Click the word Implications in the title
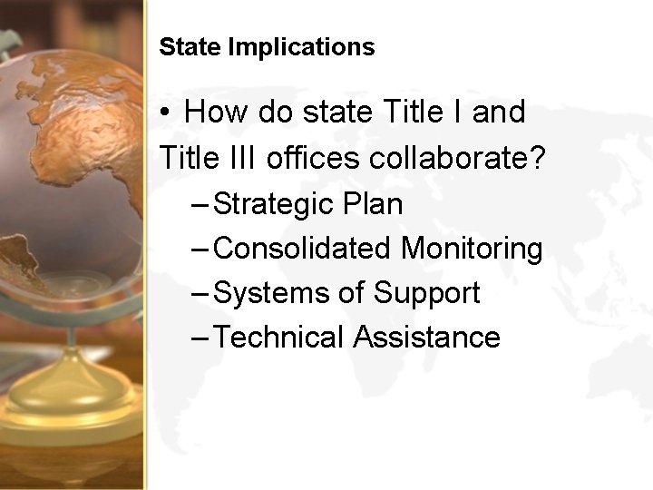coord(301,48)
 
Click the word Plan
coord(373,203)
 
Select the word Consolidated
coord(306,248)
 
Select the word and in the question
coord(498,113)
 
